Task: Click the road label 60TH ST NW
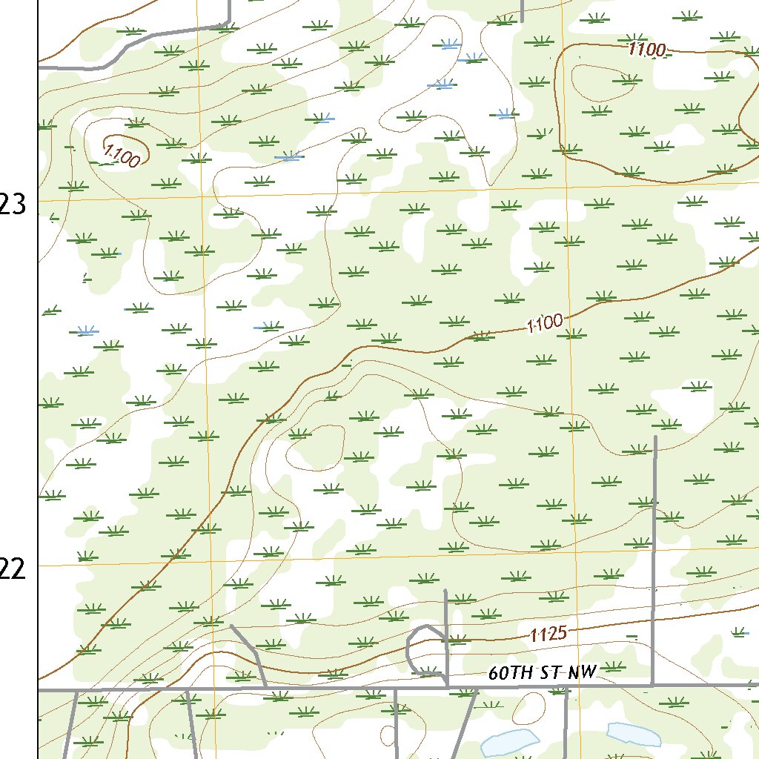(543, 673)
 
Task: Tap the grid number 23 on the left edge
(15, 205)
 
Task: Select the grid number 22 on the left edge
(15, 569)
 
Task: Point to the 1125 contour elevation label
(548, 634)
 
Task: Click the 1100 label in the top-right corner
(647, 50)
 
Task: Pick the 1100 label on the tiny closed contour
(122, 154)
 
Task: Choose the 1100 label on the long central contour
(545, 323)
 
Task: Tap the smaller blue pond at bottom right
(633, 734)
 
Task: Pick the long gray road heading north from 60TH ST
(654, 556)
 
